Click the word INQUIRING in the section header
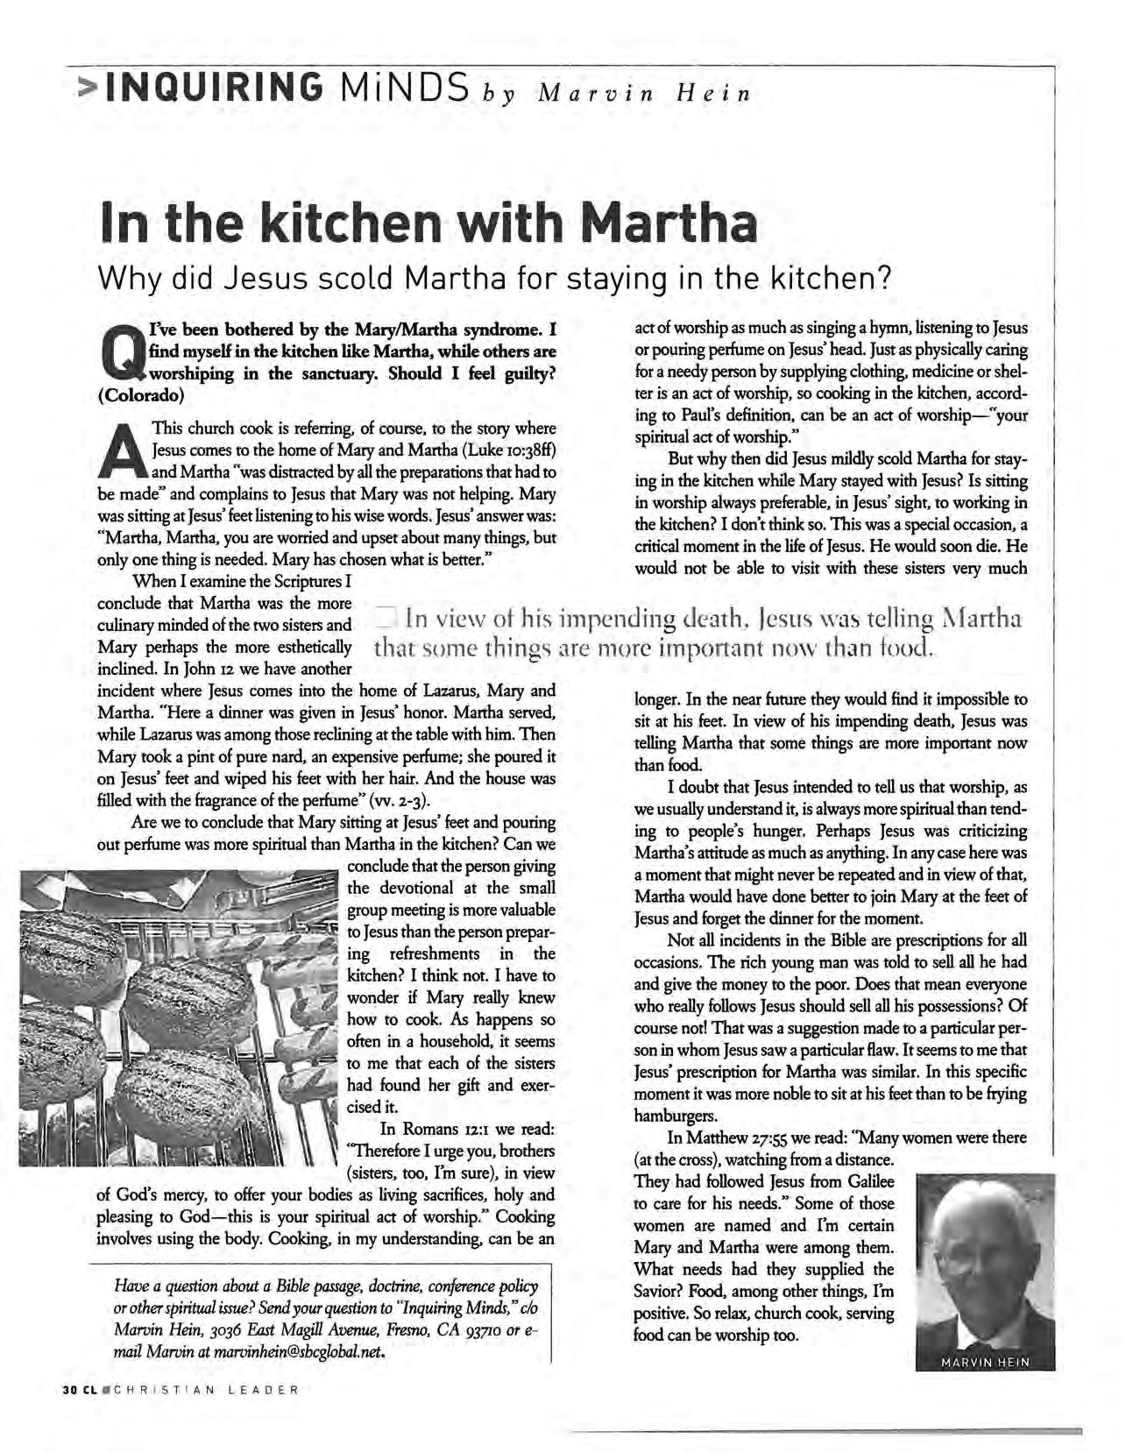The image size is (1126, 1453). pos(212,86)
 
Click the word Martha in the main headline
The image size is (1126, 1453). pos(669,223)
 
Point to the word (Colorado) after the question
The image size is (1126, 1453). pos(140,395)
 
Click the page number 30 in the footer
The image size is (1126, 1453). pos(70,1390)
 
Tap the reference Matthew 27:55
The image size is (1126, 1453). pos(759,1138)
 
